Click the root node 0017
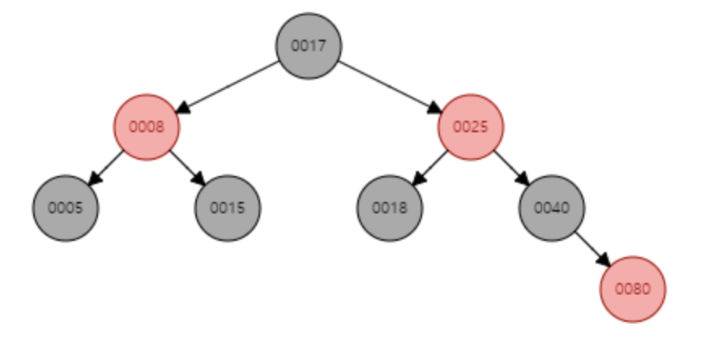coord(308,46)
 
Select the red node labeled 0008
coord(146,127)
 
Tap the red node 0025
coord(471,127)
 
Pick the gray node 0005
coord(66,208)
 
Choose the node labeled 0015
coord(227,208)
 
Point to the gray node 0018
coord(390,208)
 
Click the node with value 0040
coord(552,208)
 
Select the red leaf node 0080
coord(633,289)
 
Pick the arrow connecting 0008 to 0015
coord(186,167)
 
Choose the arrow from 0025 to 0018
coord(431,167)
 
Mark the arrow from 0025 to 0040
coord(511,167)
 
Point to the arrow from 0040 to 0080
coord(592,248)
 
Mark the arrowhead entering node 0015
coord(199,180)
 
